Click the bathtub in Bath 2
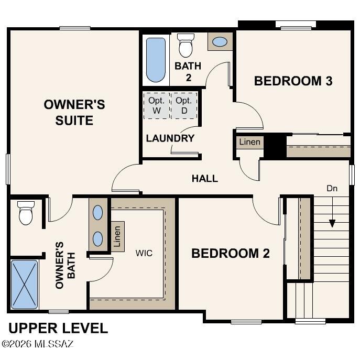(x=156, y=60)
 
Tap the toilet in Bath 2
(x=186, y=45)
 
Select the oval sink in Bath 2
(x=220, y=42)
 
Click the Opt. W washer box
(x=157, y=106)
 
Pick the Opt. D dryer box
(x=184, y=106)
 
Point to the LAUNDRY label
(x=170, y=138)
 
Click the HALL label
(x=205, y=178)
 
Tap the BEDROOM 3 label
(x=293, y=81)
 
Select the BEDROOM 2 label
(x=231, y=253)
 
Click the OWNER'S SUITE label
(x=74, y=112)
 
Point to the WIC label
(x=144, y=253)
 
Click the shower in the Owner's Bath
(x=24, y=284)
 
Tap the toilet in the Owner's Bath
(x=26, y=213)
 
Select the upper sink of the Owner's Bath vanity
(x=98, y=212)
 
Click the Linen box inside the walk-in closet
(x=118, y=236)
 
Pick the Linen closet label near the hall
(x=250, y=142)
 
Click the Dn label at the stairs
(x=332, y=188)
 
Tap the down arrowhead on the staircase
(x=332, y=223)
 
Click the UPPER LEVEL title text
(x=58, y=328)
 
